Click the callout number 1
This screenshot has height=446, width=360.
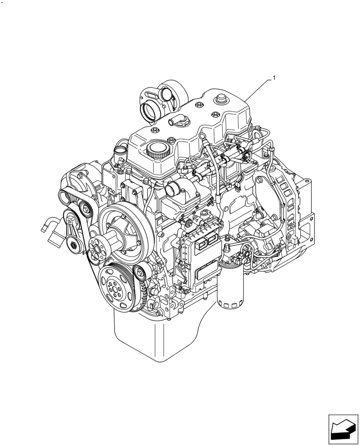274,78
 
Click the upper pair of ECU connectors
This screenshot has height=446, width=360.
208,241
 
